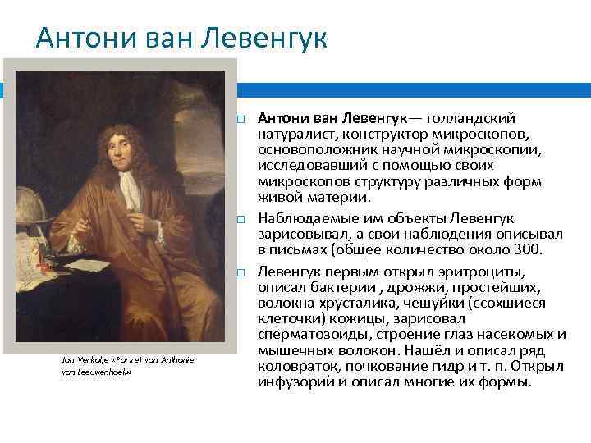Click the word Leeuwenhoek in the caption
point(102,372)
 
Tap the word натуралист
point(293,133)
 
